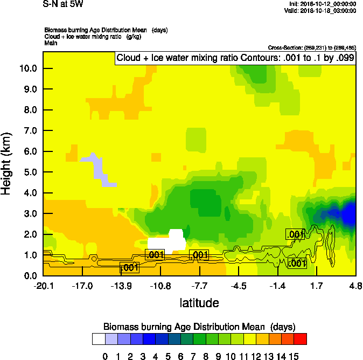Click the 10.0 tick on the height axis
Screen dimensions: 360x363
click(29, 68)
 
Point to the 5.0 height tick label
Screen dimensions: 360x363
click(29, 172)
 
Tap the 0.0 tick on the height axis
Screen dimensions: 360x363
click(29, 276)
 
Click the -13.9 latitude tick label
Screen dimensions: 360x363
click(121, 286)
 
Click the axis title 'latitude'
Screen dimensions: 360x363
click(199, 303)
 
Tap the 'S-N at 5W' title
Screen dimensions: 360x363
click(63, 4)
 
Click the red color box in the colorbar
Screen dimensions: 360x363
click(301, 339)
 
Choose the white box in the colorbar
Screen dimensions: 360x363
click(98, 339)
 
